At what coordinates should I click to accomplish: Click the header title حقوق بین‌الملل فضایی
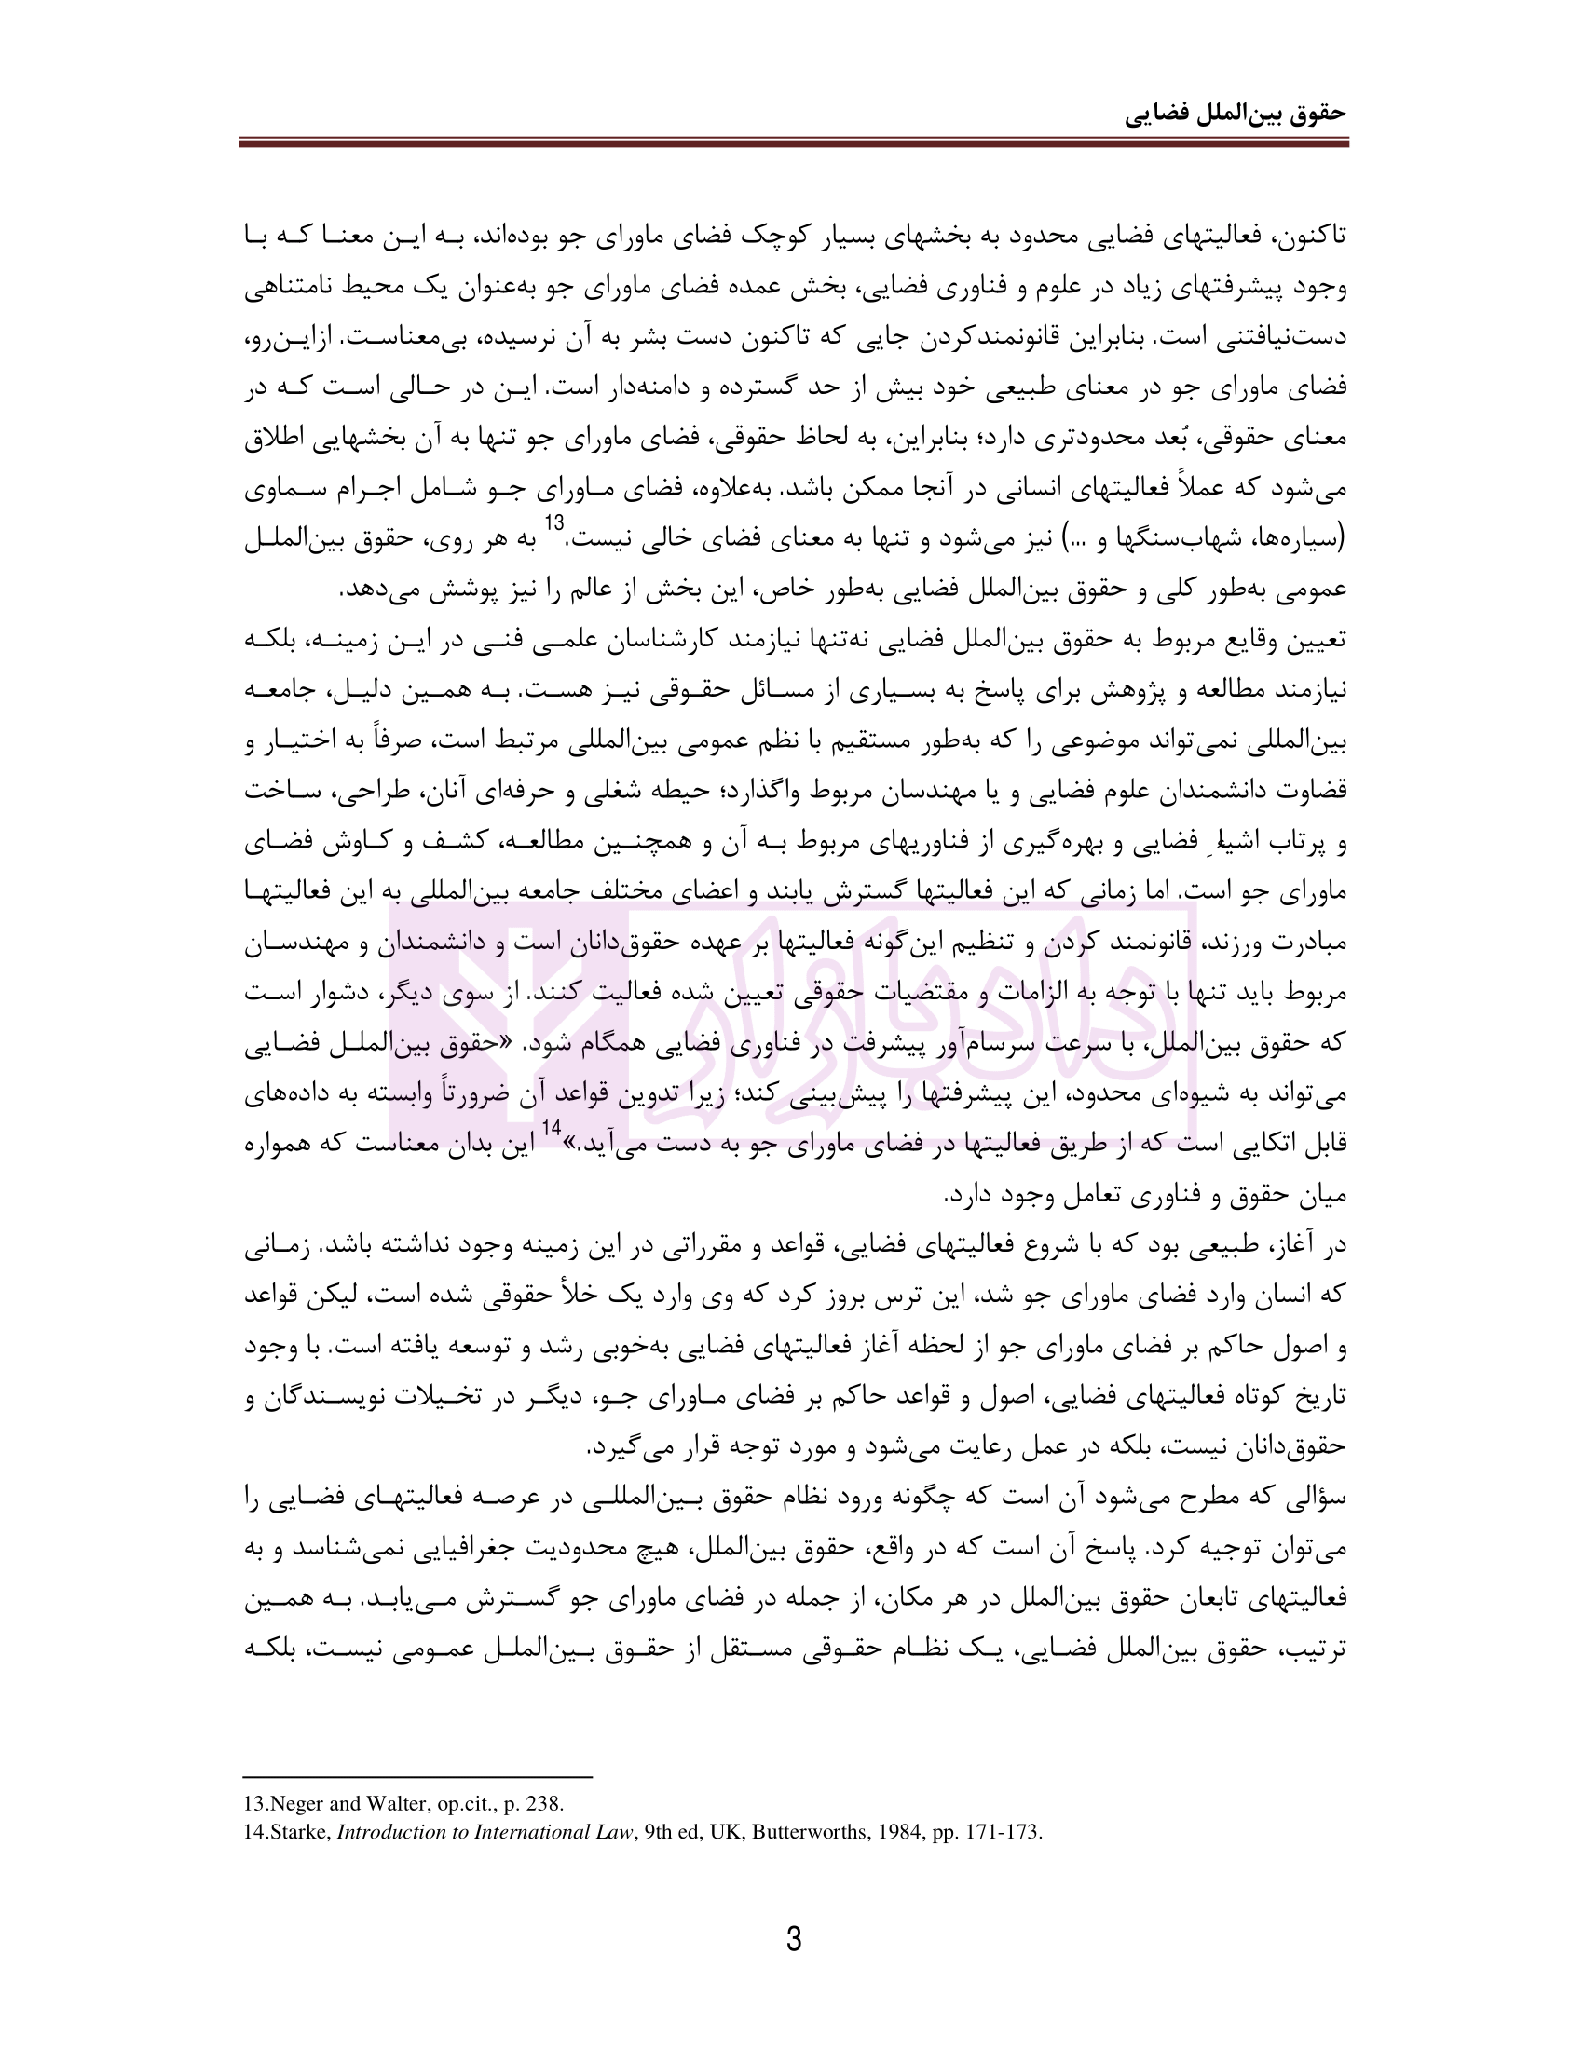tap(1235, 114)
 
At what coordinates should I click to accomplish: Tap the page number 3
tap(793, 1939)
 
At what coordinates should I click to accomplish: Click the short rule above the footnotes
tap(417, 1776)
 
